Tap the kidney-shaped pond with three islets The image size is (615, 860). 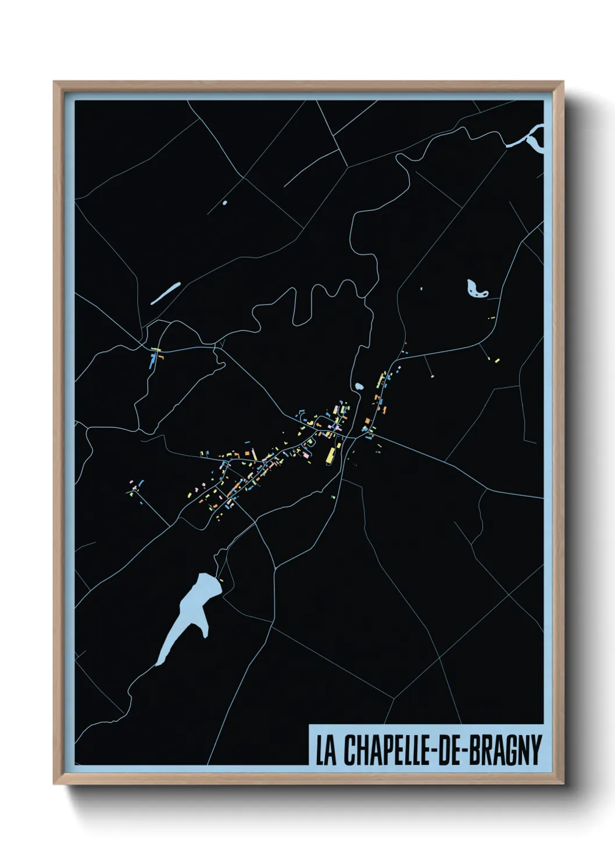point(475,288)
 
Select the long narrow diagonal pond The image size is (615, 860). point(165,293)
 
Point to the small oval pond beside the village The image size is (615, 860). point(358,386)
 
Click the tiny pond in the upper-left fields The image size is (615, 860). point(224,203)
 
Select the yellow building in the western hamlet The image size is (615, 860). point(155,350)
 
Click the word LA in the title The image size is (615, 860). point(326,750)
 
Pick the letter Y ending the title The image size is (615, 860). point(534,750)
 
